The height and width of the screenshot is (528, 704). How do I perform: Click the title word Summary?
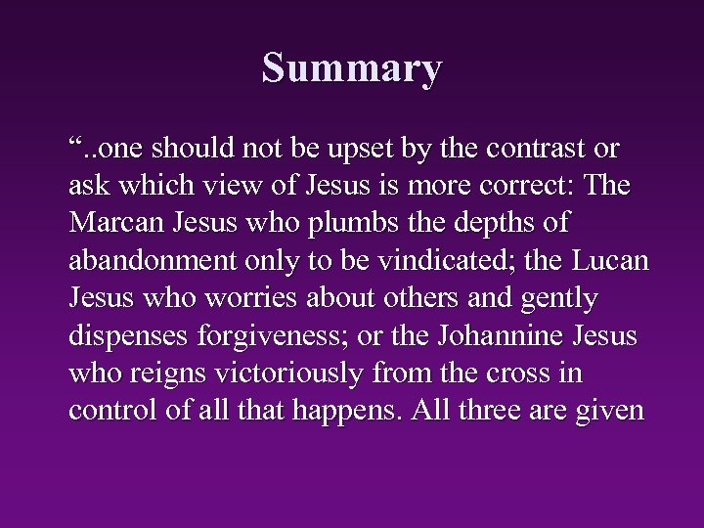tap(352, 68)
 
